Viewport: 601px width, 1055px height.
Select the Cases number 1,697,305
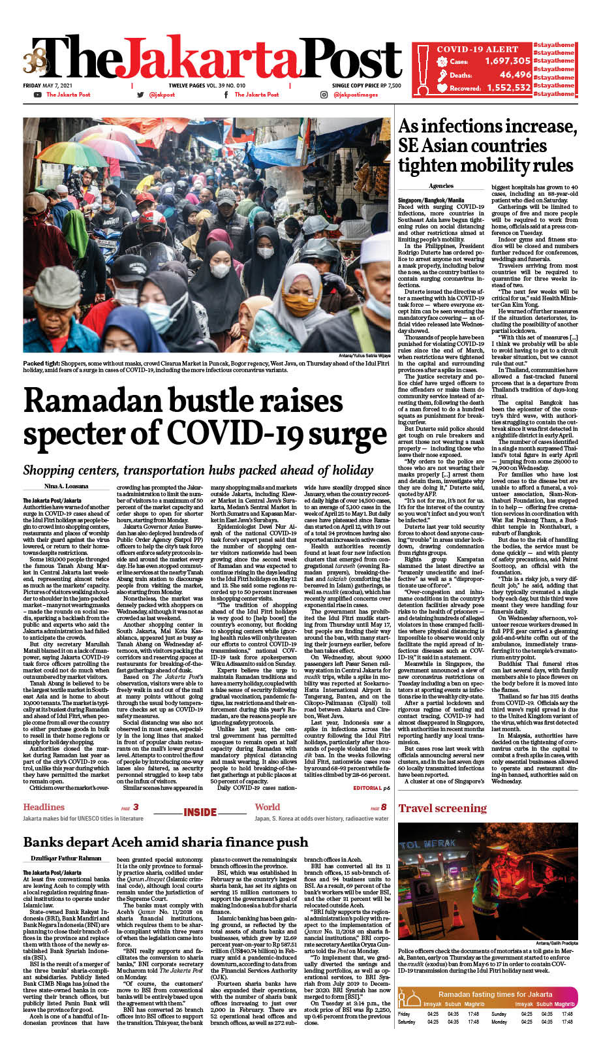507,61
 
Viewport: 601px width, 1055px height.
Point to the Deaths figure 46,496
515,74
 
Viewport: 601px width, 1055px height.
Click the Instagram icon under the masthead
324,95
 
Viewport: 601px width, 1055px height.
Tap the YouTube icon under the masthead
37,95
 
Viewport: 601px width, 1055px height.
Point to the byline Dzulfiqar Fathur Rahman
66,858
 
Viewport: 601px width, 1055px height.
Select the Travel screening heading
442,808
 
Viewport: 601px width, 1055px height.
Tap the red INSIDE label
200,812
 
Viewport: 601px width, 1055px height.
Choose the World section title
267,807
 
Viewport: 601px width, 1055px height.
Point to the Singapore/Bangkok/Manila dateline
431,200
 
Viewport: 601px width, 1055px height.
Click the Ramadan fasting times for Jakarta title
495,994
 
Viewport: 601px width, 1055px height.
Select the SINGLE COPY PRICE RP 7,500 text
366,86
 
